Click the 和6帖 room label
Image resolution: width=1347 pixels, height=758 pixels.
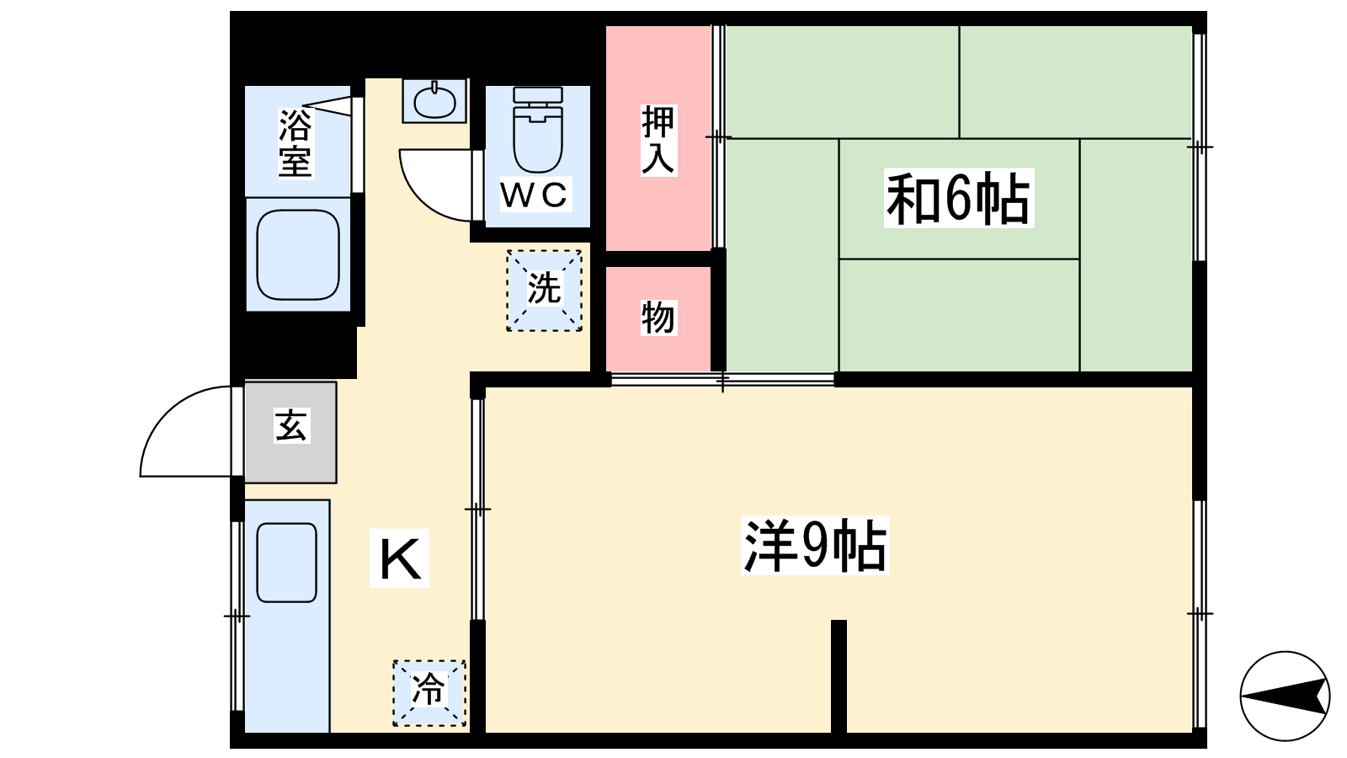(959, 198)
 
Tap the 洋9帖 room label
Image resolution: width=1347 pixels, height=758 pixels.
(815, 545)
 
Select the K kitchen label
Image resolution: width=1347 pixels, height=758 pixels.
(399, 558)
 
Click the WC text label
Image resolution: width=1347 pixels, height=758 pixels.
(535, 195)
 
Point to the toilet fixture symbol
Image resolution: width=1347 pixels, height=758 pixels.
(538, 130)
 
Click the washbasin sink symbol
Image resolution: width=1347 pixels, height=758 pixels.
(434, 101)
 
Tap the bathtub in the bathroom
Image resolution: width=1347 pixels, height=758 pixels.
(298, 254)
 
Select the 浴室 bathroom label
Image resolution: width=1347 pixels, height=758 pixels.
(295, 142)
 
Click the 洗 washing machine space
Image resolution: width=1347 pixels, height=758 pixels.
(544, 291)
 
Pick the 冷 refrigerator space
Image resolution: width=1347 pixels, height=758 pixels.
(429, 693)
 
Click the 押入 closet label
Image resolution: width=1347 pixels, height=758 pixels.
(658, 140)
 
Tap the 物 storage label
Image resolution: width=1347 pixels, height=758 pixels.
(658, 317)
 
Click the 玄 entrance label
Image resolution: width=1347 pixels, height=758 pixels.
(291, 426)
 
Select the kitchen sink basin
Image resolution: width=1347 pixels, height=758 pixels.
(287, 563)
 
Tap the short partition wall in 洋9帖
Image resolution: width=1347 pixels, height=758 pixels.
(839, 676)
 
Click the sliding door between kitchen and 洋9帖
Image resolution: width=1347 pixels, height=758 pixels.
(477, 509)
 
